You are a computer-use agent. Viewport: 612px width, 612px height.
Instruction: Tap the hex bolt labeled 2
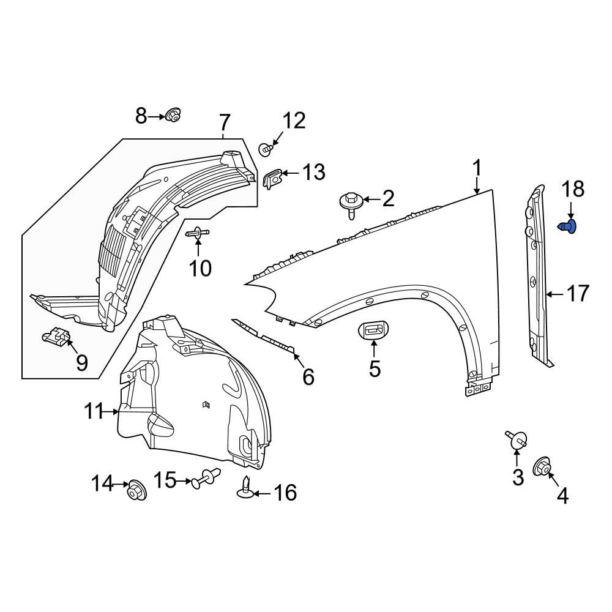click(350, 203)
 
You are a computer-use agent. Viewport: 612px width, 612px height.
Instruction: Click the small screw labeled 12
click(266, 148)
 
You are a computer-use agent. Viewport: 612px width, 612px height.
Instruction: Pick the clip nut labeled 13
click(272, 178)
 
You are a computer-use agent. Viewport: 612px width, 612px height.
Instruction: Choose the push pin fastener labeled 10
click(198, 233)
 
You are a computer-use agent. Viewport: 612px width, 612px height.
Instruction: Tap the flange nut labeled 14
click(136, 490)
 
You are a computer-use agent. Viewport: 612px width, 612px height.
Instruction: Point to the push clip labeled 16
click(245, 489)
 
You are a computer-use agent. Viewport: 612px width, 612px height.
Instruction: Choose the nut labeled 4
click(542, 466)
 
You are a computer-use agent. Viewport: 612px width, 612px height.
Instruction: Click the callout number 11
click(94, 412)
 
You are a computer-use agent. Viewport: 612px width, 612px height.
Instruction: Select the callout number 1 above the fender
click(477, 168)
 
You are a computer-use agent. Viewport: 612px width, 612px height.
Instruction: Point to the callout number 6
click(308, 377)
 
